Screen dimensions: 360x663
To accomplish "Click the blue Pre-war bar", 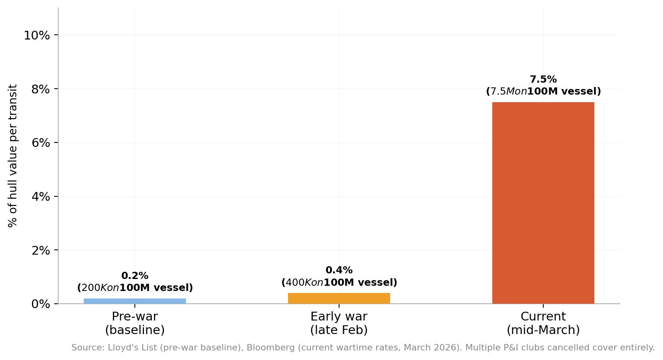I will tap(135, 301).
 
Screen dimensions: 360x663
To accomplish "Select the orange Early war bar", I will tap(339, 298).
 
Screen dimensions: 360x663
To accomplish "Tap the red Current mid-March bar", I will tap(543, 203).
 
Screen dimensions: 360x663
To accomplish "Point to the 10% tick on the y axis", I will tap(37, 36).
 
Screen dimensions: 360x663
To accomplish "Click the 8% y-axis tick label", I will tap(40, 89).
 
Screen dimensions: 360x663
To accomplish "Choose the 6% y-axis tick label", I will tap(40, 143).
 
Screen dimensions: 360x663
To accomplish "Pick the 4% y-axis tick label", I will tap(40, 197).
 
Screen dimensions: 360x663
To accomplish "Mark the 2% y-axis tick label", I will tap(40, 250).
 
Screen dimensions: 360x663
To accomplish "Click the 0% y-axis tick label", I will tap(40, 304).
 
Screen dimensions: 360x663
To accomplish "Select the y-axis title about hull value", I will tap(13, 156).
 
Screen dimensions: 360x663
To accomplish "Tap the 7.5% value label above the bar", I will tap(543, 79).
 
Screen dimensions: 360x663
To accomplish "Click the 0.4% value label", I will tap(339, 270).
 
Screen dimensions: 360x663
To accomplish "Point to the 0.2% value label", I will tap(135, 276).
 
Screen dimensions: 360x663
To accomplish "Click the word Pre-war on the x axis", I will tap(135, 316).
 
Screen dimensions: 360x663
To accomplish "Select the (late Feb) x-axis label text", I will tap(339, 330).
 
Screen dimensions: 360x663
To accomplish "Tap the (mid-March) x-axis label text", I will tap(543, 330).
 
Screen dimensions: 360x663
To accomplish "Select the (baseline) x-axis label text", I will tap(135, 330).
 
